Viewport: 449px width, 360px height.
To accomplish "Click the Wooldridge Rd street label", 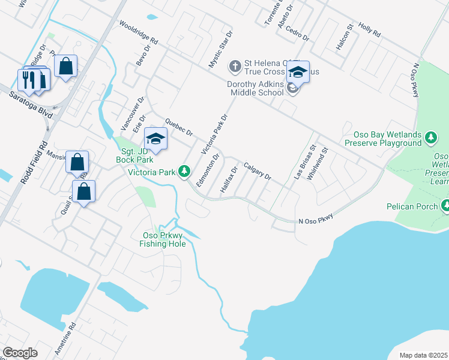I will (139, 34).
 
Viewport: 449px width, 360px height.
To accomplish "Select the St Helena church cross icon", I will (235, 64).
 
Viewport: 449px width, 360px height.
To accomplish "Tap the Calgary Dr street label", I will (258, 171).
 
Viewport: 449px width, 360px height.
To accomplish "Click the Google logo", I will (20, 352).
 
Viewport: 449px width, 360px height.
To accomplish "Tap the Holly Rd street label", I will (370, 31).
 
